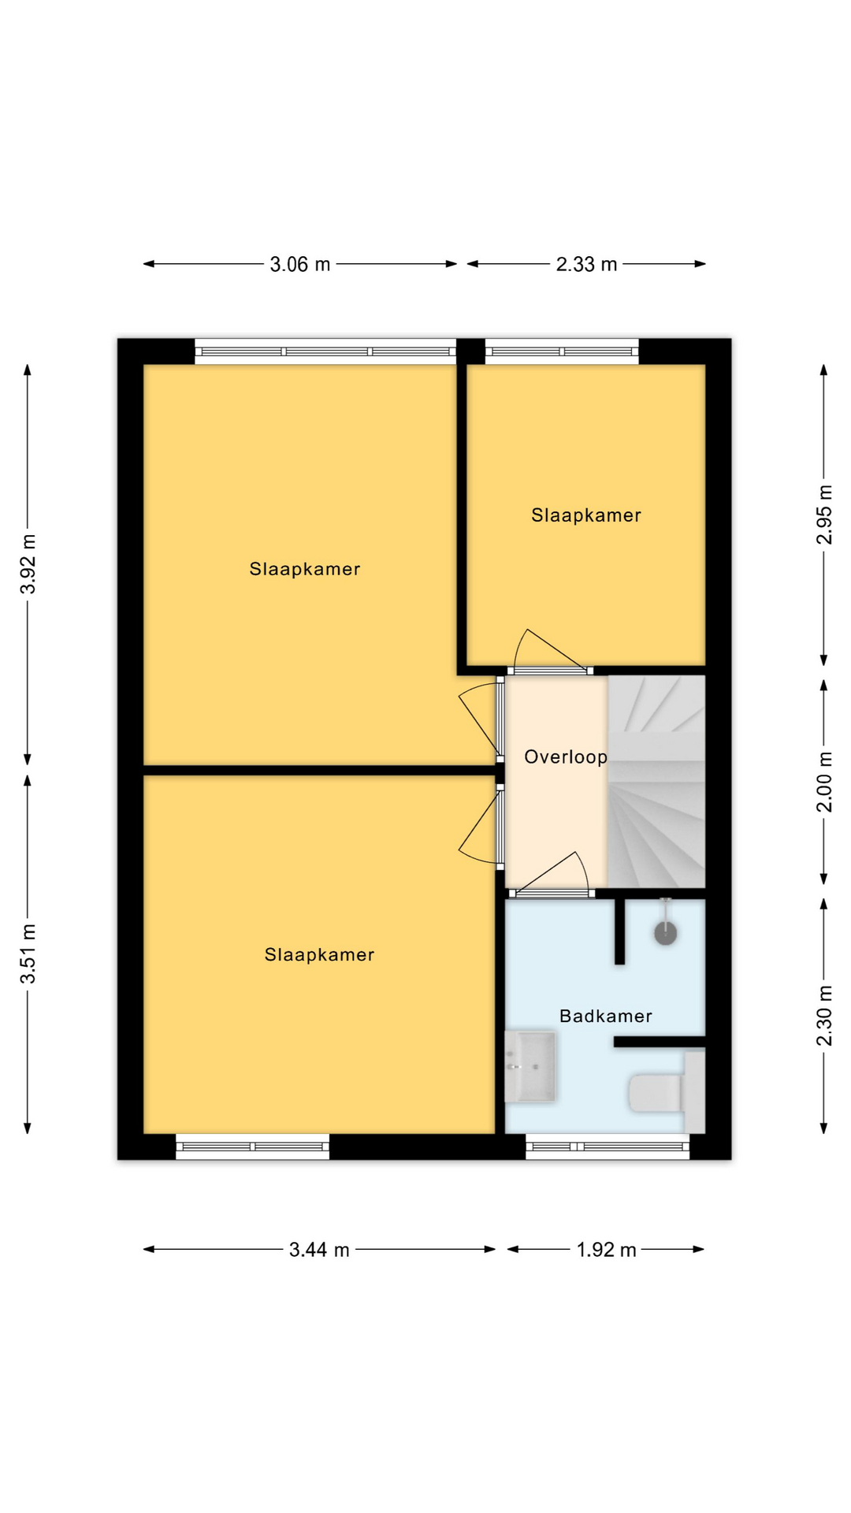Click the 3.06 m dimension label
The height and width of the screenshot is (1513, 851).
(300, 265)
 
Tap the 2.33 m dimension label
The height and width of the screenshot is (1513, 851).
(586, 265)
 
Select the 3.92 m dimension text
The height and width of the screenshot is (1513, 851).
(28, 564)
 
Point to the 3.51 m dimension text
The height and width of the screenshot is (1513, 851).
(28, 954)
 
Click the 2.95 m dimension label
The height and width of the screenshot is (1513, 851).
(824, 515)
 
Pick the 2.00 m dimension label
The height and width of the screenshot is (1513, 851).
(824, 782)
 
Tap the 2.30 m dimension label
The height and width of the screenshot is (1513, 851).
(824, 1016)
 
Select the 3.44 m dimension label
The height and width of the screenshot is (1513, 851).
(319, 1250)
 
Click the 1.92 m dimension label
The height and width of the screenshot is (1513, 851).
(606, 1250)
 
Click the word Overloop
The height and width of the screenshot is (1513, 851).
(566, 757)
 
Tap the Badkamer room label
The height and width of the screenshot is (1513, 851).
(606, 1017)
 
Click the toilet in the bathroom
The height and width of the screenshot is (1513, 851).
(667, 1092)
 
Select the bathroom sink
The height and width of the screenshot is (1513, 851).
(530, 1067)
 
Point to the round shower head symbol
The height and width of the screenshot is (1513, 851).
(666, 934)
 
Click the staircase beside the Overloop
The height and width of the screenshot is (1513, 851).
(656, 782)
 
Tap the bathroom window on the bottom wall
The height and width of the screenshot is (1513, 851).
(608, 1147)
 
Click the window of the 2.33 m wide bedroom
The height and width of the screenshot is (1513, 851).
(562, 351)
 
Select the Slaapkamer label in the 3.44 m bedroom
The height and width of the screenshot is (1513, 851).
(319, 955)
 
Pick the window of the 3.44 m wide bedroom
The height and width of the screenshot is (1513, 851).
(252, 1147)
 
